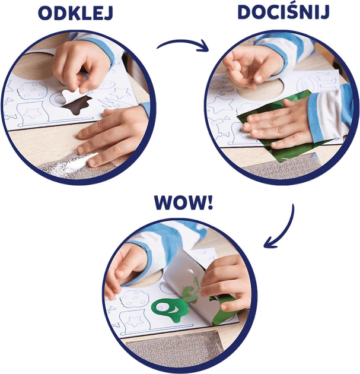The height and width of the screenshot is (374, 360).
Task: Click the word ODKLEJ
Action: [x=75, y=14]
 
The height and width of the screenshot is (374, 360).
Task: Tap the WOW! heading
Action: [x=183, y=202]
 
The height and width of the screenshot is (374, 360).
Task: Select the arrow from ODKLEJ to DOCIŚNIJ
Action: [x=183, y=43]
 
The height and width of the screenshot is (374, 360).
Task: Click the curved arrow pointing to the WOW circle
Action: [x=287, y=229]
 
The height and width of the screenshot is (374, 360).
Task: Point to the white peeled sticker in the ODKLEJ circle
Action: [x=71, y=95]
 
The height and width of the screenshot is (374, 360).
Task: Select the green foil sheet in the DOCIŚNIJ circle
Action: [x=279, y=124]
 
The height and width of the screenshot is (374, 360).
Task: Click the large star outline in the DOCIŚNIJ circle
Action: [x=221, y=104]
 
